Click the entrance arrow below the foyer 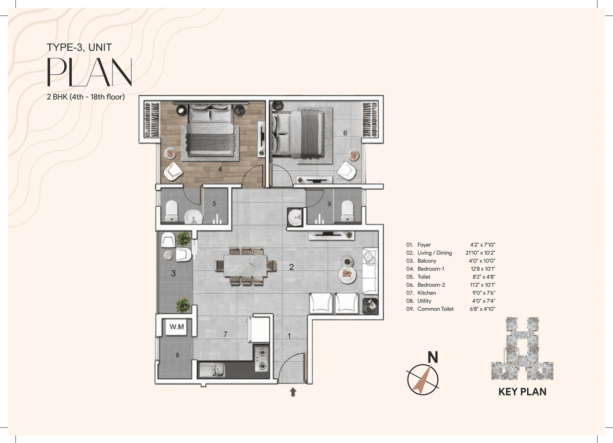(293, 392)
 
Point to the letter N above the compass (433, 357)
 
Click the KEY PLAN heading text (522, 392)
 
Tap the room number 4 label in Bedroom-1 (219, 169)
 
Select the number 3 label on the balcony (174, 273)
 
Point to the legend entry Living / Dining (434, 253)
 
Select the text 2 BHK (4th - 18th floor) (85, 97)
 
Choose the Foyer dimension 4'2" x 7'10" (484, 245)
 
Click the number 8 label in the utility (177, 355)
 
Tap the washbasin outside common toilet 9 (295, 217)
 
